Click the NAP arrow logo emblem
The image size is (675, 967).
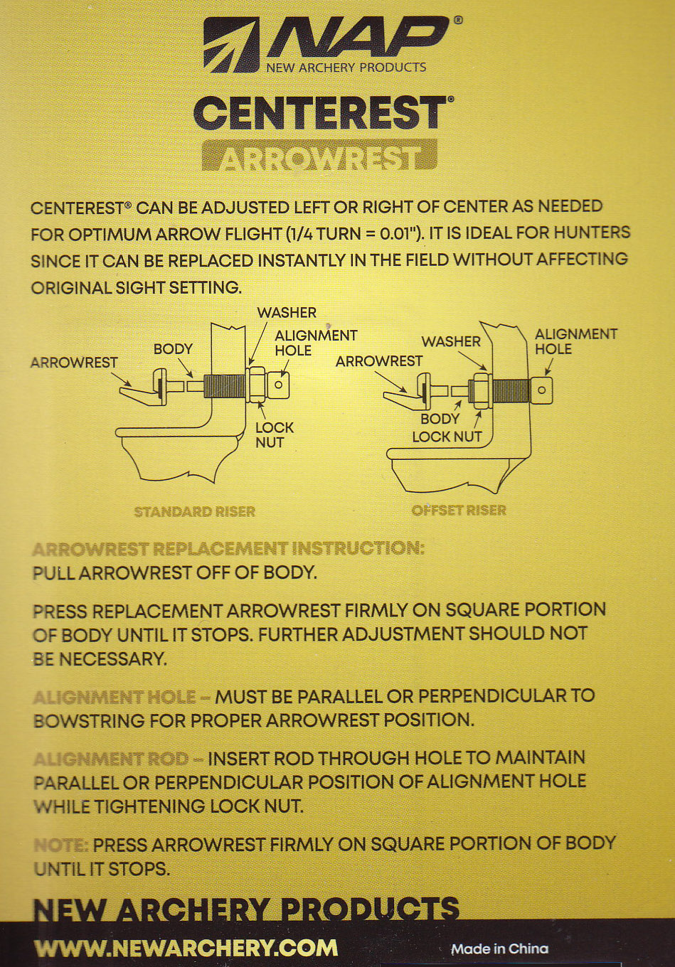pyautogui.click(x=231, y=45)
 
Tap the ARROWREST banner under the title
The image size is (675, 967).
pyautogui.click(x=319, y=155)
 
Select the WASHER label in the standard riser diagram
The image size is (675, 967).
pyautogui.click(x=287, y=313)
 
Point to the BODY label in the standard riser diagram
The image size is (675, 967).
pyautogui.click(x=173, y=349)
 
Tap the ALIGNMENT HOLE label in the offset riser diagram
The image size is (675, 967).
pyautogui.click(x=576, y=341)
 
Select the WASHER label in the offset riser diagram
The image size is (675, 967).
pyautogui.click(x=451, y=342)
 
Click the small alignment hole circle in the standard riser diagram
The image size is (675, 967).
pyautogui.click(x=279, y=384)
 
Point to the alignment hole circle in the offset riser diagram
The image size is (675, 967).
pyautogui.click(x=541, y=390)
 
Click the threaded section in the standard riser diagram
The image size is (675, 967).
pyautogui.click(x=225, y=386)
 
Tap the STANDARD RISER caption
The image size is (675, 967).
pyautogui.click(x=195, y=512)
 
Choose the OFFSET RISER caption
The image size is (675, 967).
pyautogui.click(x=459, y=511)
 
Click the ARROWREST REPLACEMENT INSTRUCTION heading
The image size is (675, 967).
pyautogui.click(x=228, y=549)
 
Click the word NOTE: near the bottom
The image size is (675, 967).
pyautogui.click(x=61, y=845)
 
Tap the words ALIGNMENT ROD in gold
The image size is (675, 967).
pyautogui.click(x=111, y=759)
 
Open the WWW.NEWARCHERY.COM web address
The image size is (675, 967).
pyautogui.click(x=186, y=949)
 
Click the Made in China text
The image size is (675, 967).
pyautogui.click(x=499, y=949)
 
